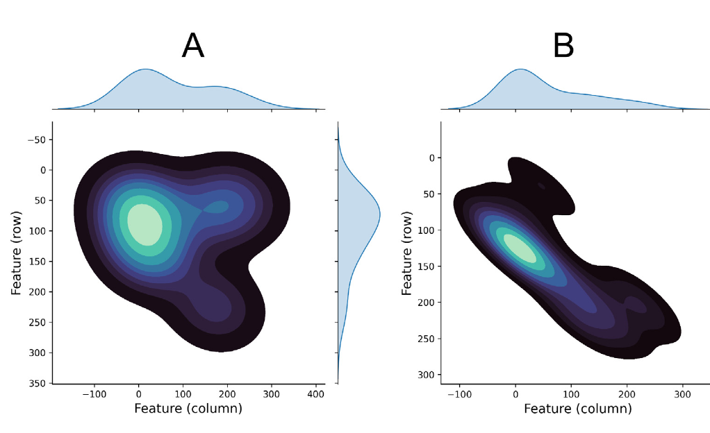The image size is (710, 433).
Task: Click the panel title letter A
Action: [193, 46]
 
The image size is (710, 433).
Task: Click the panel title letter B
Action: [563, 46]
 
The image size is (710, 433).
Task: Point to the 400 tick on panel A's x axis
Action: [316, 393]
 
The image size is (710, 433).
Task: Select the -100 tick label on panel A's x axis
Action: [94, 393]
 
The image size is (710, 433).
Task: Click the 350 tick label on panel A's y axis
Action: [38, 383]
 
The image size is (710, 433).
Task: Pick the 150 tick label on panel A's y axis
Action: [38, 262]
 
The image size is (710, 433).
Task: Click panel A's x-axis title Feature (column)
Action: [188, 409]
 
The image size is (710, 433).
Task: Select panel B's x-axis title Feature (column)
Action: [577, 409]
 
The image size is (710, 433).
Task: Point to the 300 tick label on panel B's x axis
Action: [683, 393]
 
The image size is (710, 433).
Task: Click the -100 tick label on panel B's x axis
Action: [459, 393]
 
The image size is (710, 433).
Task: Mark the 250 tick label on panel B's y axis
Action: [426, 339]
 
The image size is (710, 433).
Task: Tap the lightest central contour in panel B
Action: [520, 248]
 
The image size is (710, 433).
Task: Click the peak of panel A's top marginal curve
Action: [145, 69]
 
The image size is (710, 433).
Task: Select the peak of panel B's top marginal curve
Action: [520, 69]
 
